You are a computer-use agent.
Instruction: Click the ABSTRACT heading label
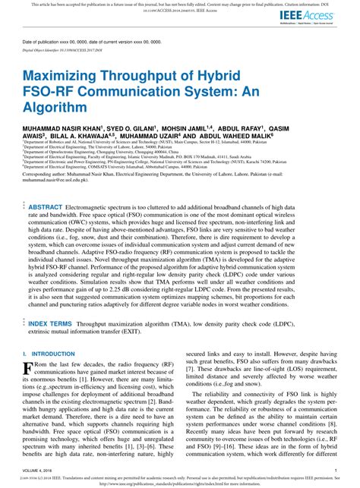pyautogui.click(x=45, y=207)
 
